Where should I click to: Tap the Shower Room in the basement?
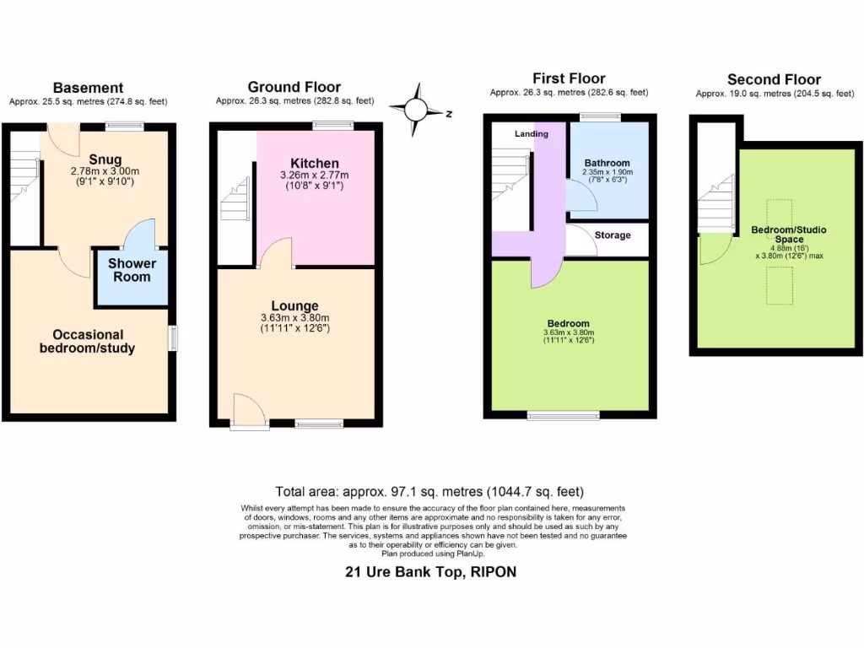coord(132,271)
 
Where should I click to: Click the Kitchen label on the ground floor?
coord(315,163)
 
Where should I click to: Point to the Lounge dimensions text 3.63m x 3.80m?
coord(294,318)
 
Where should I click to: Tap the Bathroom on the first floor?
coord(607,163)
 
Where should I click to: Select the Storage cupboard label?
coord(612,235)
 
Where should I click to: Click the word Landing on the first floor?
coord(532,134)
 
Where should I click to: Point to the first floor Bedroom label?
coord(568,324)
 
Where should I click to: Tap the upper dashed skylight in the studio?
coord(779,212)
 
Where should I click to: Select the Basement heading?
coord(88,88)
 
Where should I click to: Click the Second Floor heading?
coord(774,80)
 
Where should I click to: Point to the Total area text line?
coord(429,492)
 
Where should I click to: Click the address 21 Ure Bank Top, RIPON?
coord(430,572)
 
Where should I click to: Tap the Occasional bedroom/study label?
coord(87,342)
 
